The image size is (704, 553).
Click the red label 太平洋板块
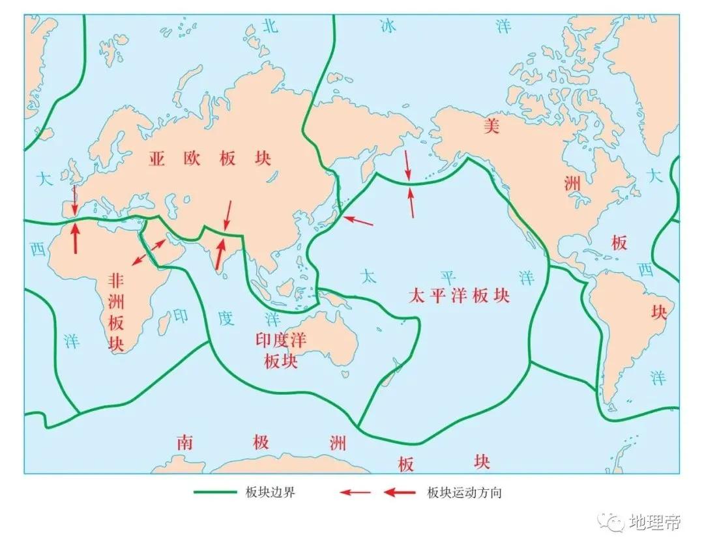click(x=458, y=296)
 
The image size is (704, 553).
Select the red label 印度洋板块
click(x=281, y=350)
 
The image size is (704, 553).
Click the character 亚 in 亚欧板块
click(x=156, y=159)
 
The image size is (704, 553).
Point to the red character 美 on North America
click(x=491, y=126)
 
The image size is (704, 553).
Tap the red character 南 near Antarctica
click(x=184, y=443)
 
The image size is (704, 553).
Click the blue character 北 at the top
click(x=270, y=26)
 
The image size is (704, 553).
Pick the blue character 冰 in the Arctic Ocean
click(x=389, y=26)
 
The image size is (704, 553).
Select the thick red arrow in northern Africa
click(x=76, y=238)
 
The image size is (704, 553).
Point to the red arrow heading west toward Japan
click(x=359, y=221)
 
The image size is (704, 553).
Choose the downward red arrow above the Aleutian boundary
click(x=407, y=165)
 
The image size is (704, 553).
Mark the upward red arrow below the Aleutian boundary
click(x=411, y=201)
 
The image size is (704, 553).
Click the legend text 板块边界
click(x=275, y=492)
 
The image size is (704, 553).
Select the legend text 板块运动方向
click(x=464, y=492)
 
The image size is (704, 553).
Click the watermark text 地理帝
click(x=655, y=522)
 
